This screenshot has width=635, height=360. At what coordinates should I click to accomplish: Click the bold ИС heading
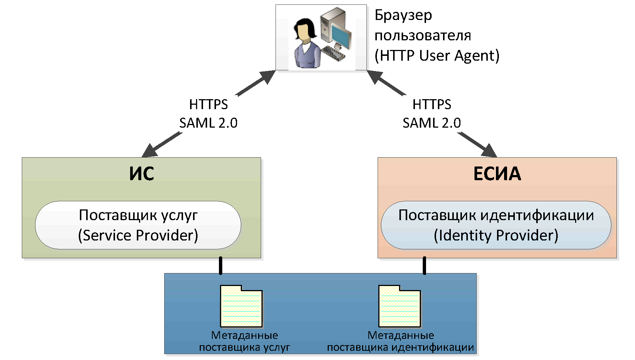pyautogui.click(x=141, y=174)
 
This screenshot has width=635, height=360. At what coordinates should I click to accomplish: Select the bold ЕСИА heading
pyautogui.click(x=497, y=174)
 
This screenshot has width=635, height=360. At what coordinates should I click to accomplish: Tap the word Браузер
pyautogui.click(x=403, y=16)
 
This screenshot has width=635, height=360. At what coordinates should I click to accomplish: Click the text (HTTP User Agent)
pyautogui.click(x=437, y=55)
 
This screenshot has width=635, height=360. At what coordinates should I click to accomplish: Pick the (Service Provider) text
pyautogui.click(x=138, y=235)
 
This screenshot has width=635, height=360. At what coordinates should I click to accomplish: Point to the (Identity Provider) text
pyautogui.click(x=496, y=235)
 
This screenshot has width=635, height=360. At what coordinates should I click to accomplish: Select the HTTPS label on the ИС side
pyautogui.click(x=208, y=105)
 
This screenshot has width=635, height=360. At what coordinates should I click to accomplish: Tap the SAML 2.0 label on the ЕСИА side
pyautogui.click(x=432, y=123)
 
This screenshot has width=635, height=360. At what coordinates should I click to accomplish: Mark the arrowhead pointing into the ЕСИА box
pyautogui.click(x=490, y=151)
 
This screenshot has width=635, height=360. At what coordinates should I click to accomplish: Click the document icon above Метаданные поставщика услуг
pyautogui.click(x=241, y=306)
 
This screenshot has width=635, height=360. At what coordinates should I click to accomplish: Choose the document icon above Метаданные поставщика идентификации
pyautogui.click(x=399, y=306)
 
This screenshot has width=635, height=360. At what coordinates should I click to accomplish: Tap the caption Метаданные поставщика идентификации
pyautogui.click(x=401, y=342)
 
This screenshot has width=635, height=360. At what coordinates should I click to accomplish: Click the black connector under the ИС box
pyautogui.click(x=220, y=266)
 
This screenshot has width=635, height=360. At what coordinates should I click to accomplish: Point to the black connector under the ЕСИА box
pyautogui.click(x=424, y=266)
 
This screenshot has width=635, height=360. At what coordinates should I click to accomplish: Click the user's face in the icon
pyautogui.click(x=304, y=34)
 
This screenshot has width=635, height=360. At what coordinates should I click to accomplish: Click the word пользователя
pyautogui.click(x=423, y=36)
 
